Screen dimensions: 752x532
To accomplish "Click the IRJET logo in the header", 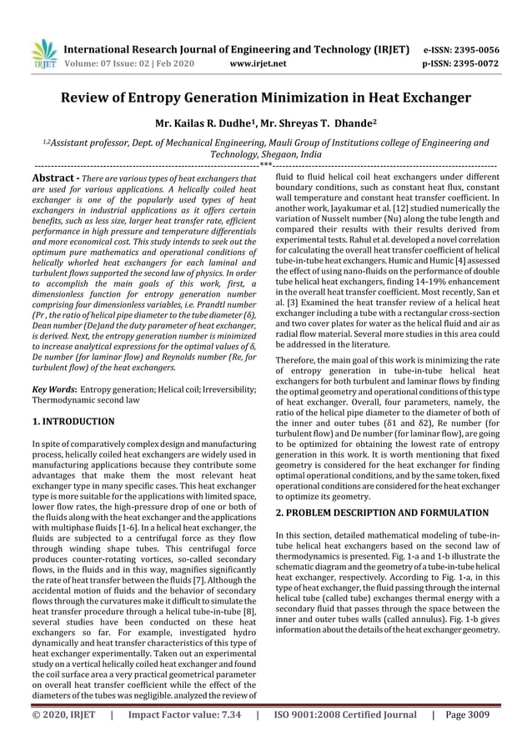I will [x=43, y=53].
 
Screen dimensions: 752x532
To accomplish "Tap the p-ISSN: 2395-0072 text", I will [x=463, y=63].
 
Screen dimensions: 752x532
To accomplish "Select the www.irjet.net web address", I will [x=257, y=63].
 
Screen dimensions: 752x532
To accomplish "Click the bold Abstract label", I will [x=53, y=179].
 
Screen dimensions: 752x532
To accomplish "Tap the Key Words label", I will [x=54, y=389].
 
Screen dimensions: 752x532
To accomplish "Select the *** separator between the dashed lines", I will [x=265, y=168].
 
